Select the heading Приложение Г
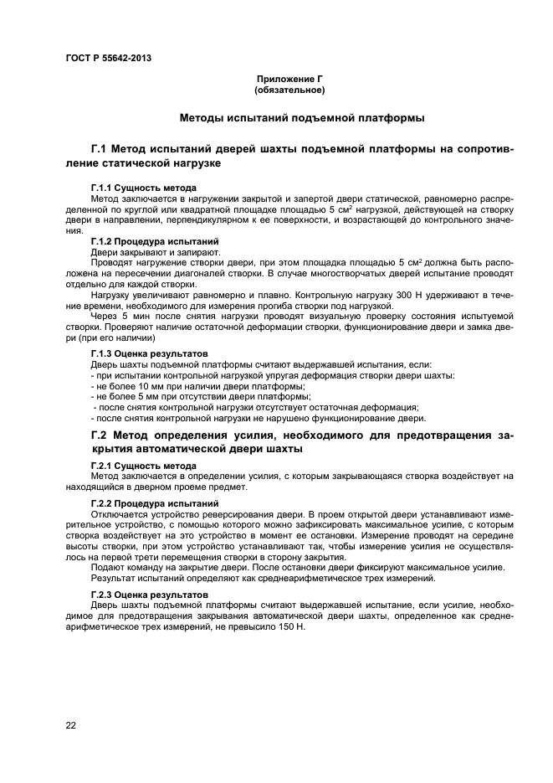click(x=289, y=79)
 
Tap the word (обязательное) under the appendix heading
click(x=289, y=90)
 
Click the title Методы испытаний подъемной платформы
click(x=301, y=118)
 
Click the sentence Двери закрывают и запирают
click(x=143, y=251)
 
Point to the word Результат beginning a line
click(x=110, y=578)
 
